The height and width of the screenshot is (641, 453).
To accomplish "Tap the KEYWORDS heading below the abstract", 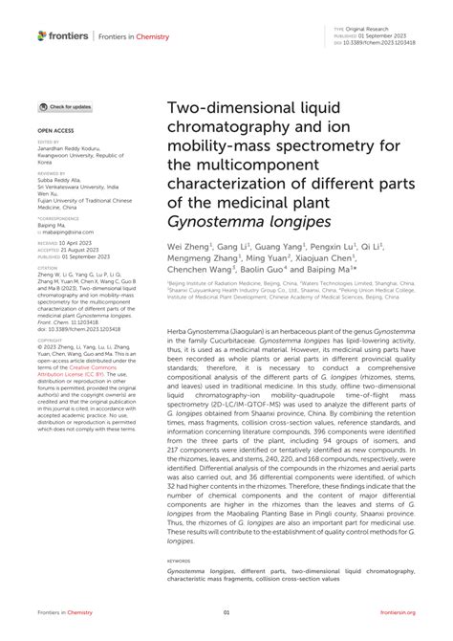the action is click(179, 561).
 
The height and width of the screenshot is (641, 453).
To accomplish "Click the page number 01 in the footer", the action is click(226, 613).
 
